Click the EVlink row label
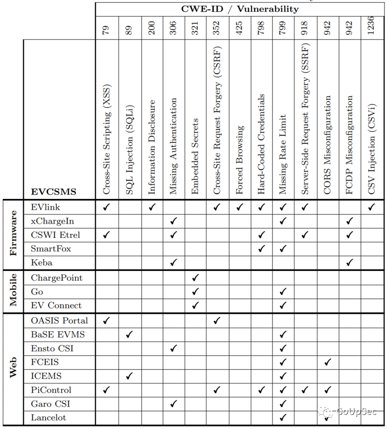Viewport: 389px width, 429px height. pos(45,207)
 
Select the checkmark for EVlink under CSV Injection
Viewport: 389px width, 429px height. pos(372,207)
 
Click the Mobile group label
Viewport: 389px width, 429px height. pos(13,290)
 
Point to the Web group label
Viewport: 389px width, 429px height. pos(13,368)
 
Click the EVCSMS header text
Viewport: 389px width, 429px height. pos(54,192)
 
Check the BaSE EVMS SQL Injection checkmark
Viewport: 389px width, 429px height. pos(129,335)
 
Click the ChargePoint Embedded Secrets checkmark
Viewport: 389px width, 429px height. pos(196,278)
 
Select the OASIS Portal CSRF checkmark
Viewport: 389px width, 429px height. pos(218,321)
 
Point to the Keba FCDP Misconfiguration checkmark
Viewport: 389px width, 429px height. pos(350,263)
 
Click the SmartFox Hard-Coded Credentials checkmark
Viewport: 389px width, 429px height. pos(261,249)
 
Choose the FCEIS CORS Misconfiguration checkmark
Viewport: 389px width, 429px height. pos(328,362)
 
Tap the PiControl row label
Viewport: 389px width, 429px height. pos(51,390)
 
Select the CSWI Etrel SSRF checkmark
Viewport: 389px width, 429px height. pos(305,235)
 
